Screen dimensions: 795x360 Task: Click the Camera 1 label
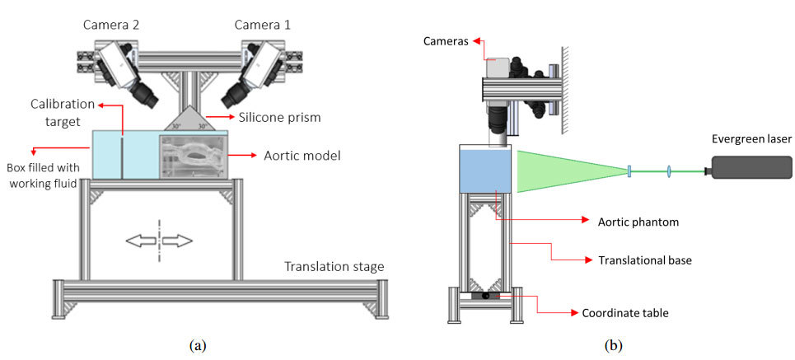click(x=263, y=25)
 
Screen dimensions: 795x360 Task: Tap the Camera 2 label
click(x=111, y=25)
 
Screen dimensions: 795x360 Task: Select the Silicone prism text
click(x=280, y=117)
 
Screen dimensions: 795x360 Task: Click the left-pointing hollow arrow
click(x=141, y=241)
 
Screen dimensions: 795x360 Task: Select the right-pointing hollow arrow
click(x=177, y=241)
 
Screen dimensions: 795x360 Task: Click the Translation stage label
click(x=334, y=267)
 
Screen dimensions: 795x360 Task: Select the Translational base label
click(x=645, y=260)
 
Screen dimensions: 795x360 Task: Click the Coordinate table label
click(x=625, y=313)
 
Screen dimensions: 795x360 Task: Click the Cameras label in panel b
click(x=445, y=40)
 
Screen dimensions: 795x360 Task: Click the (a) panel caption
click(x=198, y=346)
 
